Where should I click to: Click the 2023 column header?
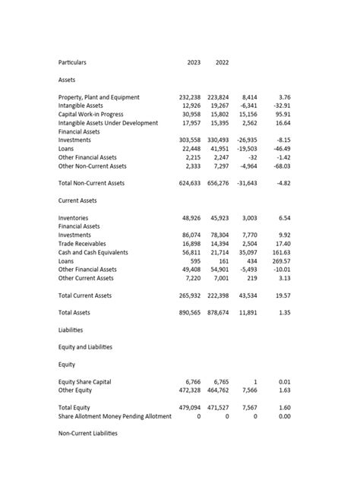coord(194,62)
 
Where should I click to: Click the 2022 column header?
coord(222,62)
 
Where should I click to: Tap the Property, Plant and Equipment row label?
coord(99,97)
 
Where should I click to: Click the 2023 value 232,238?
coord(189,97)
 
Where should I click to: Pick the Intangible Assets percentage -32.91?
coord(281,106)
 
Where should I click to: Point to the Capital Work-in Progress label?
coord(90,114)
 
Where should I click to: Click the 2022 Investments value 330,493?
coord(217,141)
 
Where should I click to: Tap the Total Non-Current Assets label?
coord(92,183)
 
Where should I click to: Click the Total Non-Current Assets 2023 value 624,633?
coord(189,183)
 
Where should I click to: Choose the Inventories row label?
coord(73,218)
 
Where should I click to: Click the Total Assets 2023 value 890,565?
coord(189,312)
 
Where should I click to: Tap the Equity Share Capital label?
coord(84,382)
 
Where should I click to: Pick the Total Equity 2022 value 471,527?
coord(217,408)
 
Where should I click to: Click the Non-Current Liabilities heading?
coord(87,433)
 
